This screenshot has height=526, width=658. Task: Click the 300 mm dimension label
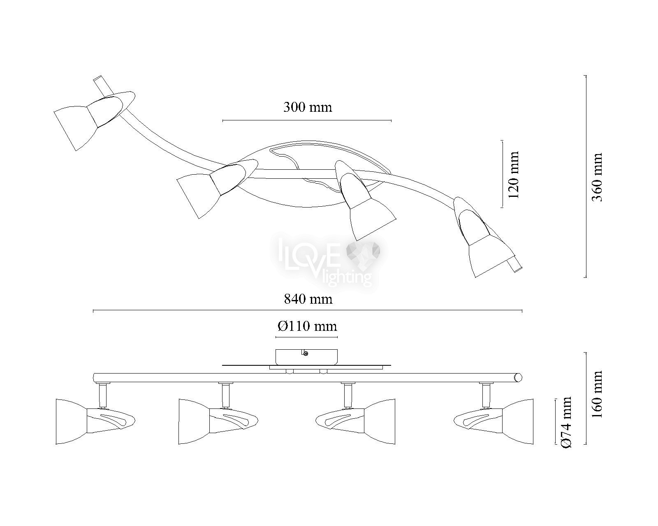point(308,107)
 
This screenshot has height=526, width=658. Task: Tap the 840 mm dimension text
point(308,299)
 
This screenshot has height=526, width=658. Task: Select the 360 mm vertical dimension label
point(597,177)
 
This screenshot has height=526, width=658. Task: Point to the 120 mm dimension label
point(514,175)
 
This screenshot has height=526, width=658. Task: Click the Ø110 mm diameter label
point(307,327)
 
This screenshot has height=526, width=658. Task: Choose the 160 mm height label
point(597,394)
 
